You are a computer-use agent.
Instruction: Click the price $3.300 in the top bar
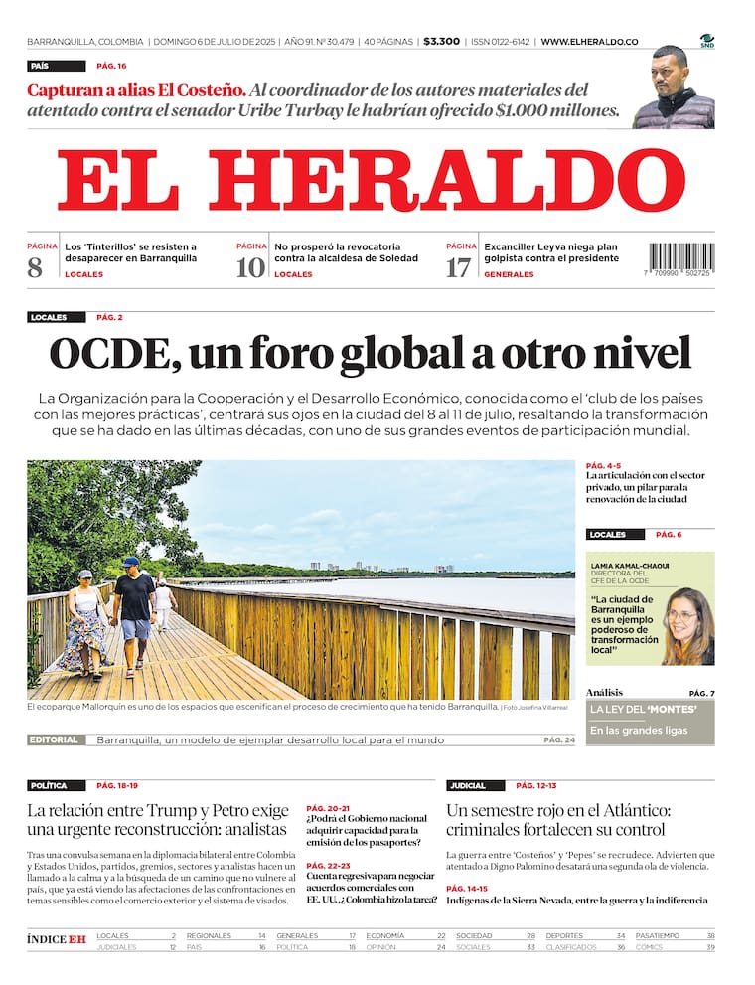441,42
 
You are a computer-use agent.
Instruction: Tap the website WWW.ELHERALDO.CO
589,42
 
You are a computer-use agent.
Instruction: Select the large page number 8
36,267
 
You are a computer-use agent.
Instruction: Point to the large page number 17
458,267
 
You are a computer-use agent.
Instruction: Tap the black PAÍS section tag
57,66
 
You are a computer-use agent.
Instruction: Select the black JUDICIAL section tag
474,785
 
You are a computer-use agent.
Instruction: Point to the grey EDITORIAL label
54,739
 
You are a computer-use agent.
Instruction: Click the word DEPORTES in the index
564,935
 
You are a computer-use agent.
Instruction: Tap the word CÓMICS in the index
651,947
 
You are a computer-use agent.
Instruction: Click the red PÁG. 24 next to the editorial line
559,739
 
